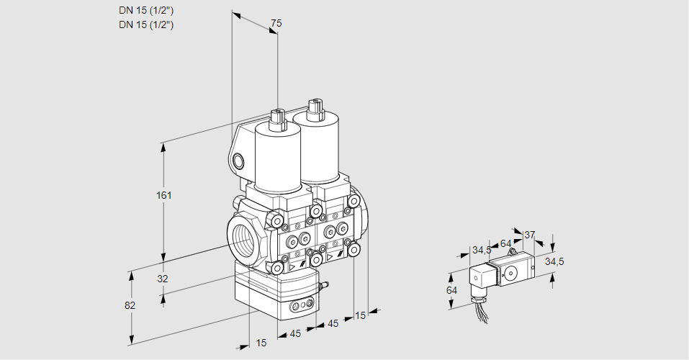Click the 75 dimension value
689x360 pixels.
pos(275,23)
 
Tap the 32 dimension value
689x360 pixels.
pos(162,279)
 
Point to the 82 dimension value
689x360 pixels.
pos(130,305)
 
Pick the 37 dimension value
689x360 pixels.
pos(529,235)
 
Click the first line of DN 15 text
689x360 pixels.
pos(147,11)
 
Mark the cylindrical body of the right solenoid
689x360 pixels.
pos(317,148)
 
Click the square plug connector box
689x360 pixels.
pos(481,277)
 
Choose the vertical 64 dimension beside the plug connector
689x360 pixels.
pos(451,290)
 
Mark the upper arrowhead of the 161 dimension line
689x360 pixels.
pos(163,147)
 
